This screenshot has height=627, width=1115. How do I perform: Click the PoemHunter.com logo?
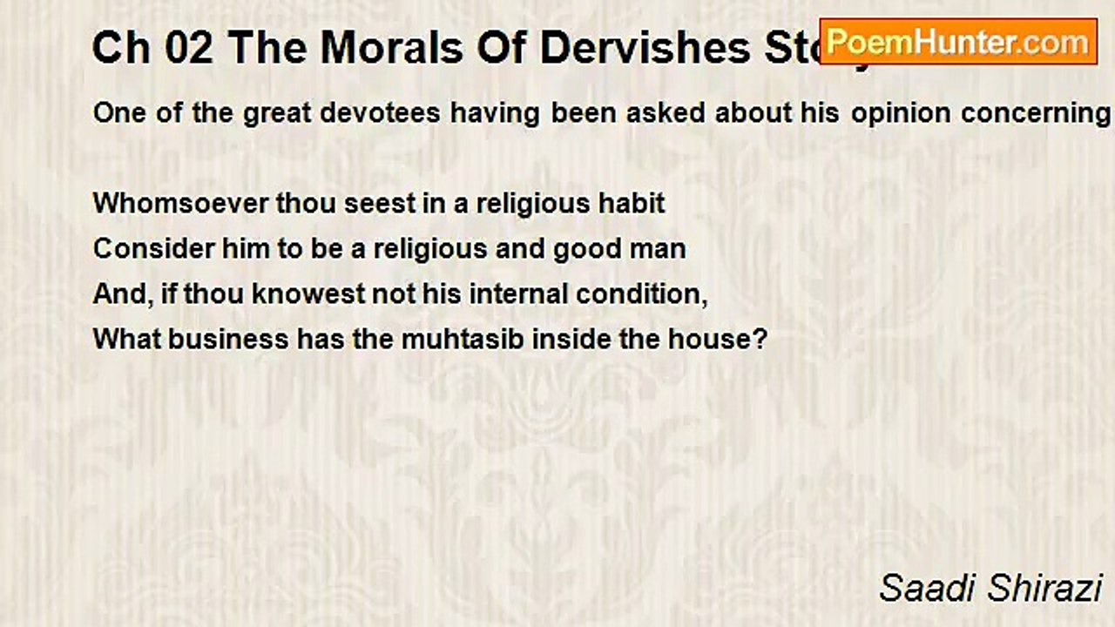click(958, 42)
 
